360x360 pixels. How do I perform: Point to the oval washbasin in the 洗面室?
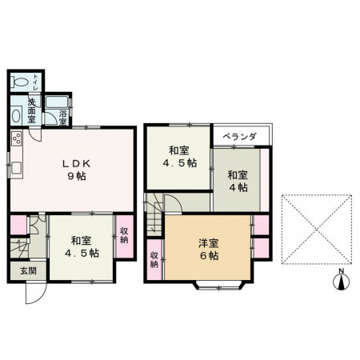[x=17, y=115]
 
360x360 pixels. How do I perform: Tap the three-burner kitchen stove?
[x=15, y=140]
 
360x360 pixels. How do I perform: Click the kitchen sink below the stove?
[x=15, y=168]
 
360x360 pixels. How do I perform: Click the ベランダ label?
[x=239, y=137]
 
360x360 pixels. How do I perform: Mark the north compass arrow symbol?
[x=341, y=282]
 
